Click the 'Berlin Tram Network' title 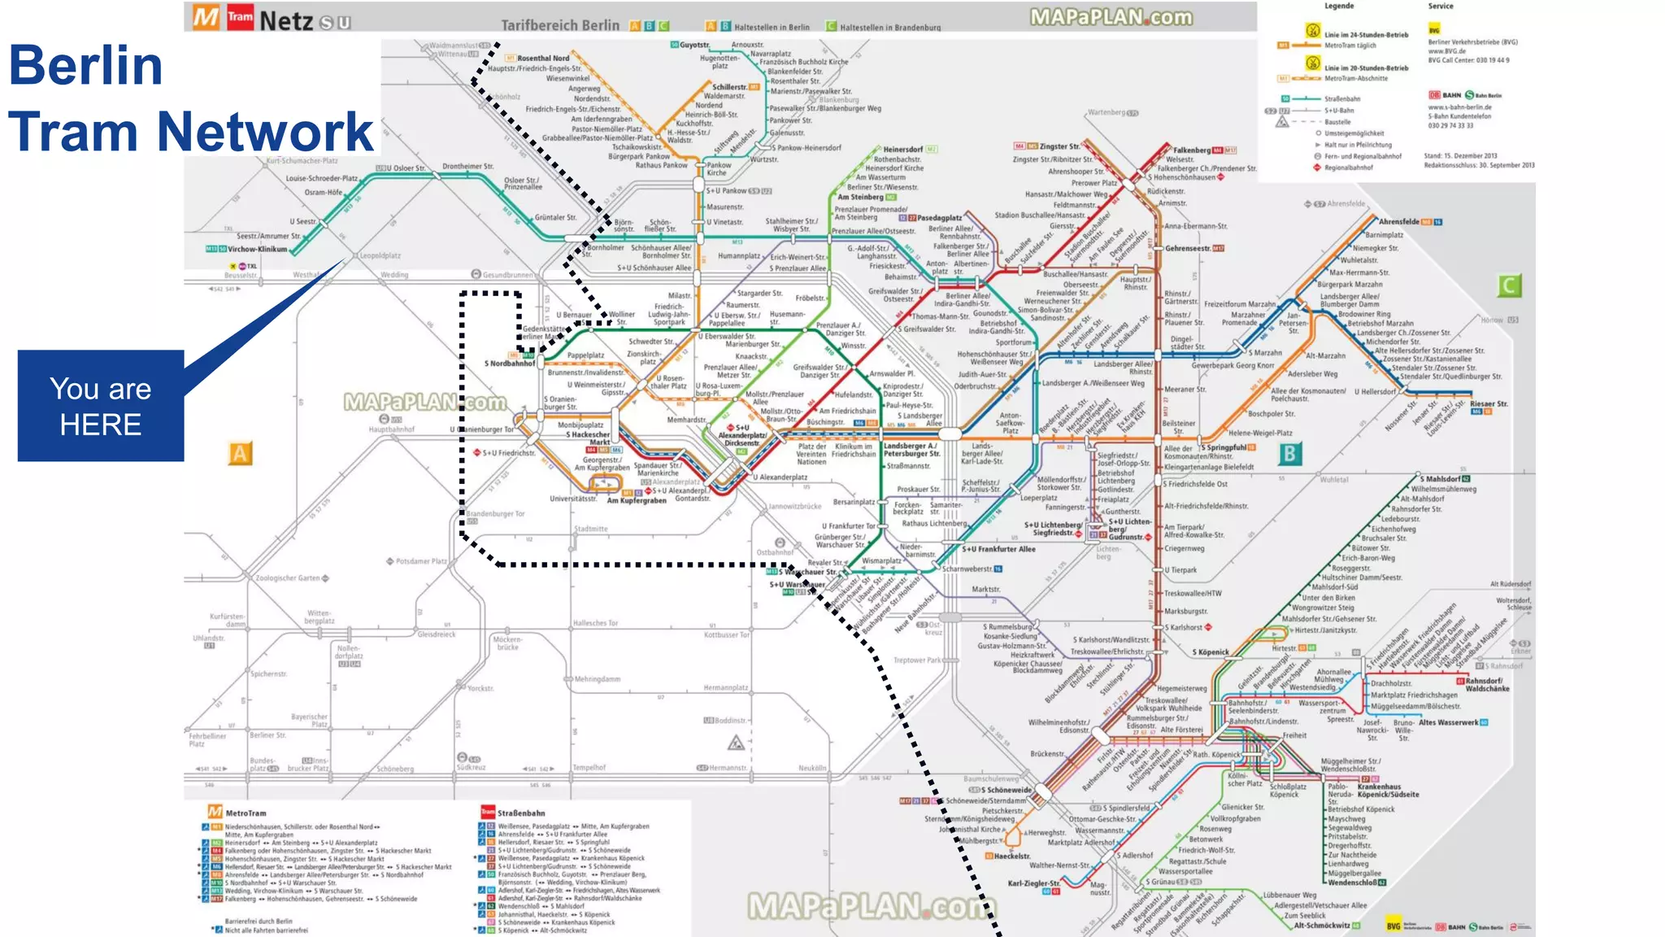click(x=190, y=98)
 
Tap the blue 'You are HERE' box click(x=101, y=406)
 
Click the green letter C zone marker click(x=1509, y=285)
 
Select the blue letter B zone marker click(x=1289, y=454)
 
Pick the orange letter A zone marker click(x=240, y=454)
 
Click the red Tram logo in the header click(x=240, y=17)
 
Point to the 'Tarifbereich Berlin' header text click(x=560, y=25)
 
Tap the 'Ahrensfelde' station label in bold click(x=1398, y=221)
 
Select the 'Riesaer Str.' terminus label click(x=1488, y=403)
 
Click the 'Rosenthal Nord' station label click(x=543, y=59)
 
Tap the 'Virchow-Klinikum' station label click(x=257, y=249)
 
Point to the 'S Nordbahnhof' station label click(x=510, y=364)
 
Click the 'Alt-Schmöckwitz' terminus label click(x=1322, y=925)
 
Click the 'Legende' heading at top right click(x=1339, y=7)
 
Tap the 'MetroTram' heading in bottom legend click(x=246, y=813)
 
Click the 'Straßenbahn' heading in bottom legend click(x=521, y=813)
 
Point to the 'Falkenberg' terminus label click(x=1191, y=150)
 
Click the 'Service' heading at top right click(x=1440, y=7)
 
